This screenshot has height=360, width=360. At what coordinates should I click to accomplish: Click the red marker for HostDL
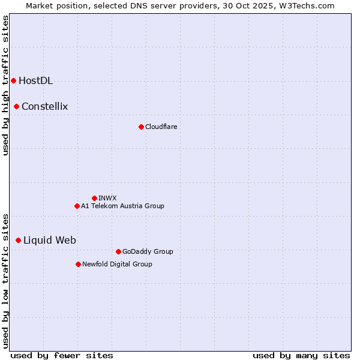coord(13,80)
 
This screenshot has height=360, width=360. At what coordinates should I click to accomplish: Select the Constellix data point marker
coord(17,107)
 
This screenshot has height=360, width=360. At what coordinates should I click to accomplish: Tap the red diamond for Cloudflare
coord(141,127)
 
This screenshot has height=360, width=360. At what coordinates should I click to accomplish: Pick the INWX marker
coord(94,198)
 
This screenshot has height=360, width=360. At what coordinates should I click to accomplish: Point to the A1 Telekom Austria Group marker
coord(77,206)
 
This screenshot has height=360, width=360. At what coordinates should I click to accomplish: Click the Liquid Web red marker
coord(19,240)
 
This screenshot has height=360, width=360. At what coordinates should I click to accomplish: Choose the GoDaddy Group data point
coord(118,251)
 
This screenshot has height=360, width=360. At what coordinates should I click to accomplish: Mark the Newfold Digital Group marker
coord(78,264)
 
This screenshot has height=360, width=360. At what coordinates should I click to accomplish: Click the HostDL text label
coord(35,81)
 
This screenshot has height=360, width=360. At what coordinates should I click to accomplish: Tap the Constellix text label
coord(44,107)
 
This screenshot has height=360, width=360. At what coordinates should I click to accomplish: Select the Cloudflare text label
coord(161,127)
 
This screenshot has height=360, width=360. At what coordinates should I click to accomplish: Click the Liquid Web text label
coord(49,240)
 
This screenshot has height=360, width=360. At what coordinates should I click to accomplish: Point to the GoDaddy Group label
coord(148,251)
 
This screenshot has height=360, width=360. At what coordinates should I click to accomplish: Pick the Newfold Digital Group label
coord(117,264)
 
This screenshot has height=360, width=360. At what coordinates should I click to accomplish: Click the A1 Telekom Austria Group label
coord(122,206)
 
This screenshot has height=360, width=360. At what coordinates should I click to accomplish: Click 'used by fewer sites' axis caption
coord(62,355)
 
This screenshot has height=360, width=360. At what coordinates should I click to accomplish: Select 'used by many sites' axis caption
coord(301,355)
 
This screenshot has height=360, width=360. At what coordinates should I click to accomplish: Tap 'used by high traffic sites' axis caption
coord(5,85)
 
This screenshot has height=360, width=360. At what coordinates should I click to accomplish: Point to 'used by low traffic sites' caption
coord(5,280)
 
